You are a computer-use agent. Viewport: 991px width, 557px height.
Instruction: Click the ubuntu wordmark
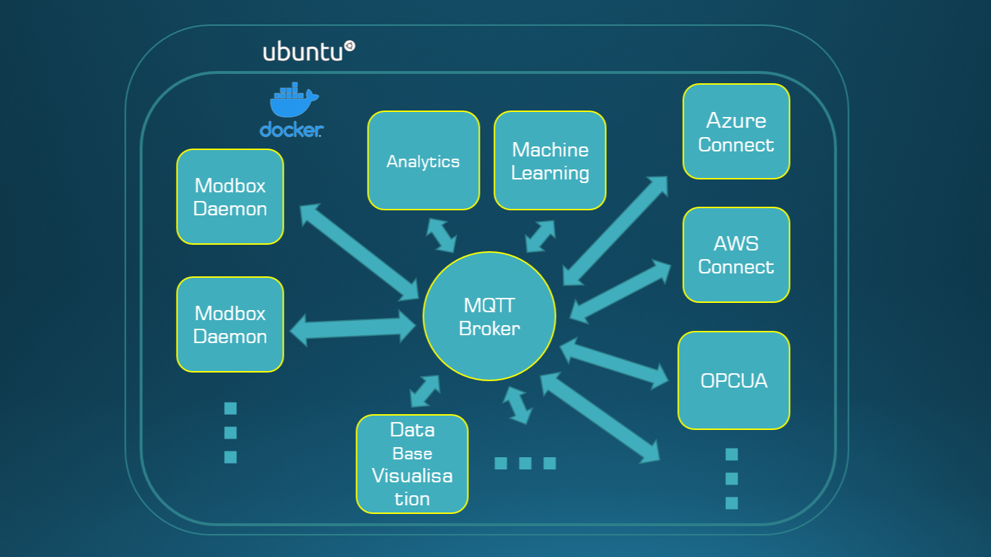click(302, 52)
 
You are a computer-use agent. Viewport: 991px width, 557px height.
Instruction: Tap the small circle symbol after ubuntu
click(350, 46)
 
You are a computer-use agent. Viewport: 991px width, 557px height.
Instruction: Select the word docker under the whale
click(291, 130)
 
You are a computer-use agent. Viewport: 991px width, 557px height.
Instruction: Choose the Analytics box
click(423, 161)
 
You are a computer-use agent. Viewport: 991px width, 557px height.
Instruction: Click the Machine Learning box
click(550, 161)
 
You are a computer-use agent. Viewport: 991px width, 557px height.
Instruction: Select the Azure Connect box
click(736, 131)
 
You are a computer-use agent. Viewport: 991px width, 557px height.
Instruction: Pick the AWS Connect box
click(736, 255)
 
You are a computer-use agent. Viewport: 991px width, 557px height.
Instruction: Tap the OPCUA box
click(733, 380)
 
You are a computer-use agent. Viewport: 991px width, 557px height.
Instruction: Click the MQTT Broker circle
click(489, 317)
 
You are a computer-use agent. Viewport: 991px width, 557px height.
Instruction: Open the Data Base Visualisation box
click(412, 464)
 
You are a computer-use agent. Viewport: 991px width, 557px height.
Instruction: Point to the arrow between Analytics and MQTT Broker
click(441, 235)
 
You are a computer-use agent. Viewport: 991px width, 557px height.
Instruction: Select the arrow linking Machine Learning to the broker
click(541, 236)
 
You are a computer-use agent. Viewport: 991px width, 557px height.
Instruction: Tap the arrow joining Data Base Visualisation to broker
click(424, 391)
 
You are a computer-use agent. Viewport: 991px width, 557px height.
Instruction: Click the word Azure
click(736, 120)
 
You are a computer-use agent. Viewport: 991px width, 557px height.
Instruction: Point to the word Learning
click(550, 173)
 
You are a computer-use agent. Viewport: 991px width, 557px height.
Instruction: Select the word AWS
click(736, 243)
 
